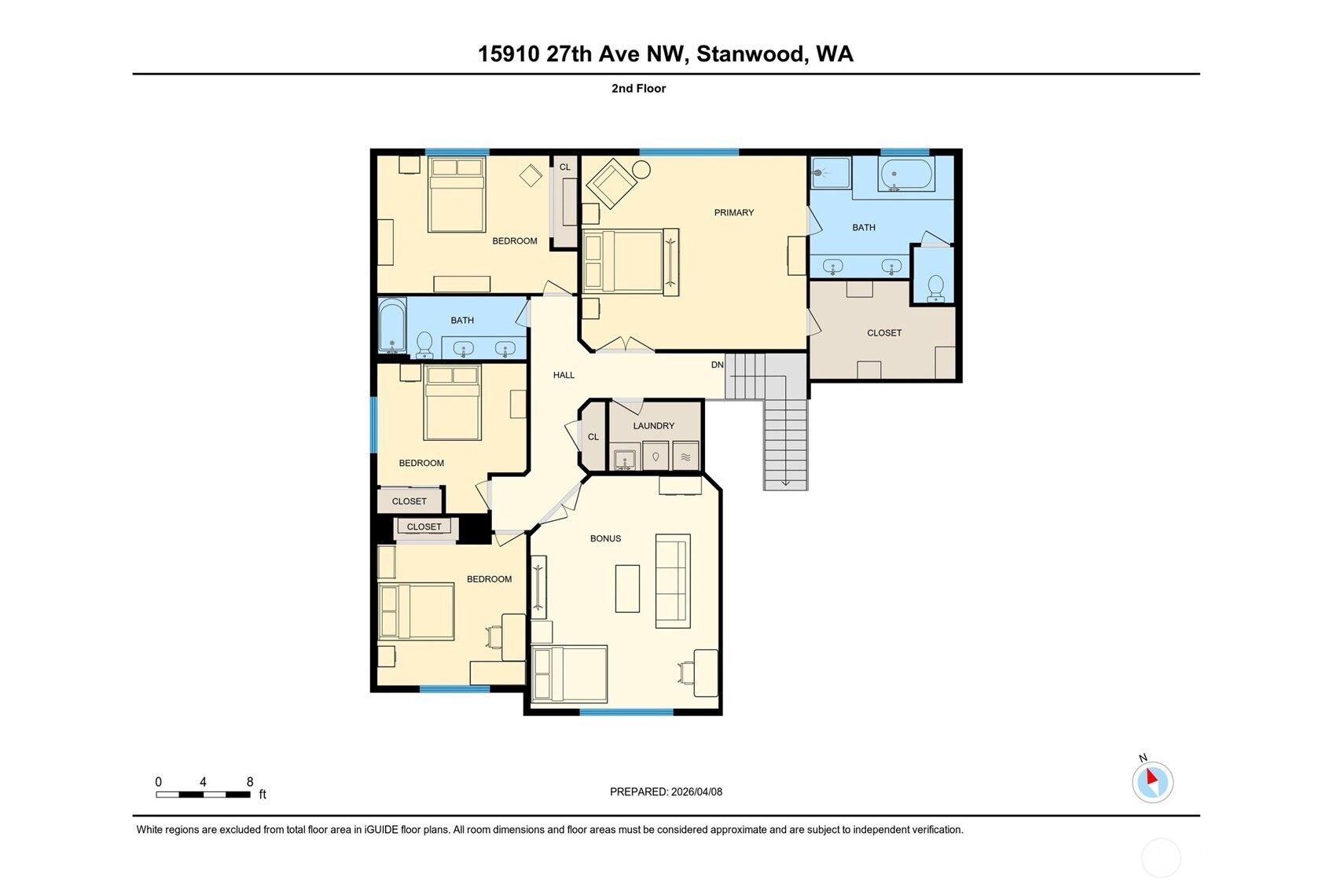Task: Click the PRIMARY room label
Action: click(x=734, y=212)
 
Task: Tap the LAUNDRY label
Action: click(x=653, y=426)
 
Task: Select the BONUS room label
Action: click(x=605, y=538)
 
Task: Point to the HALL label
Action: click(x=564, y=375)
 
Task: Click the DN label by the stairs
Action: click(x=717, y=365)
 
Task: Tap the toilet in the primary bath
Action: click(x=935, y=288)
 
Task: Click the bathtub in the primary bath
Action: click(x=905, y=174)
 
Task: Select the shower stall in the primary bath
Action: click(x=831, y=173)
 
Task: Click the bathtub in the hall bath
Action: click(x=392, y=325)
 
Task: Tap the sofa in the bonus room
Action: click(x=673, y=581)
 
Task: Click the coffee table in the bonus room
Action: click(x=627, y=589)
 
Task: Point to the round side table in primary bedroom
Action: click(x=641, y=170)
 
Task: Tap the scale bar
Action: click(x=203, y=794)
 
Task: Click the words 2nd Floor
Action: click(x=638, y=88)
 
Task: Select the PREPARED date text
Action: click(x=666, y=791)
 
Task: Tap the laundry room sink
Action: click(x=623, y=457)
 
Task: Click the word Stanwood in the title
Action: click(x=751, y=53)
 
